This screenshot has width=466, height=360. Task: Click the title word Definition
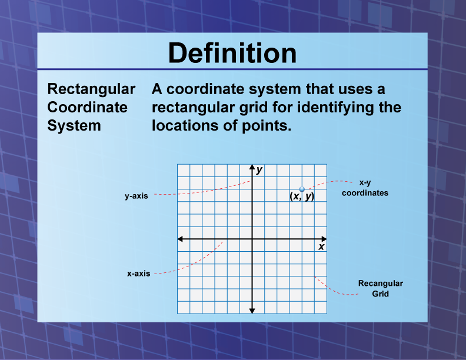click(x=232, y=54)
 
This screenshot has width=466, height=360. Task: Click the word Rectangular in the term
click(x=91, y=89)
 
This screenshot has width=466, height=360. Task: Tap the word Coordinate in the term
click(x=87, y=108)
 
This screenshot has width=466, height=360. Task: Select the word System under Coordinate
click(x=74, y=126)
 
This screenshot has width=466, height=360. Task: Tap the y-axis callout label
click(x=136, y=196)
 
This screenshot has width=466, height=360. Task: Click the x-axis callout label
click(x=139, y=274)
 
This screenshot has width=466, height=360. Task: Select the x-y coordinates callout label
click(x=365, y=188)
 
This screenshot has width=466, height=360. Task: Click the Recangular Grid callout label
click(x=380, y=288)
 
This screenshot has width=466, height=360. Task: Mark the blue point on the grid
click(x=302, y=189)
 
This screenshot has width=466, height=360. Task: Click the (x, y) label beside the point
click(x=302, y=197)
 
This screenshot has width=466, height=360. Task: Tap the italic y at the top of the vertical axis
click(x=259, y=170)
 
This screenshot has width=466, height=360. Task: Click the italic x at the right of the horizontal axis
click(x=321, y=247)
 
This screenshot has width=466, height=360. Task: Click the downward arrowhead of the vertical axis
click(x=252, y=310)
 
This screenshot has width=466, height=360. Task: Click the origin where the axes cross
click(x=252, y=239)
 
